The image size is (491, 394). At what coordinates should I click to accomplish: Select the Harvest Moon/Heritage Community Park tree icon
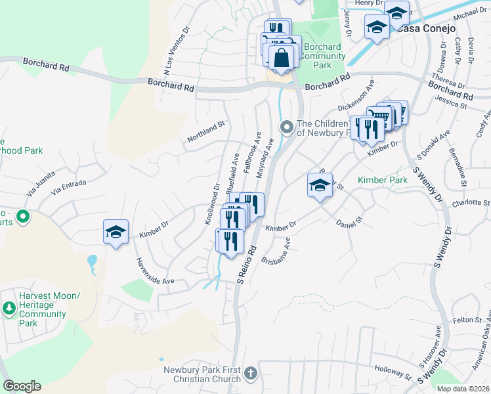click(9, 307)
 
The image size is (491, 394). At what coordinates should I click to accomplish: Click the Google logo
click(22, 386)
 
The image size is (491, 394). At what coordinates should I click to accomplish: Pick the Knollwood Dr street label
click(211, 204)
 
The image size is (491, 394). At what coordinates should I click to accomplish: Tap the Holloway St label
click(391, 374)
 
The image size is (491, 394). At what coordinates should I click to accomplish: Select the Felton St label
click(467, 320)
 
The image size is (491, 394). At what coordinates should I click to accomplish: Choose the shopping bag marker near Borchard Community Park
click(281, 58)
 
